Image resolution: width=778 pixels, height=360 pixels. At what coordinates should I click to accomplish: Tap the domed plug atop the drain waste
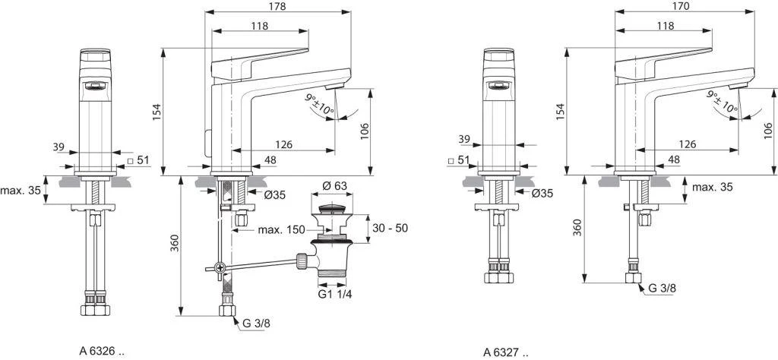(x=332, y=207)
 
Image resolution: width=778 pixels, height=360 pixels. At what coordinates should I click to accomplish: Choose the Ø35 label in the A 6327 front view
(x=542, y=194)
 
